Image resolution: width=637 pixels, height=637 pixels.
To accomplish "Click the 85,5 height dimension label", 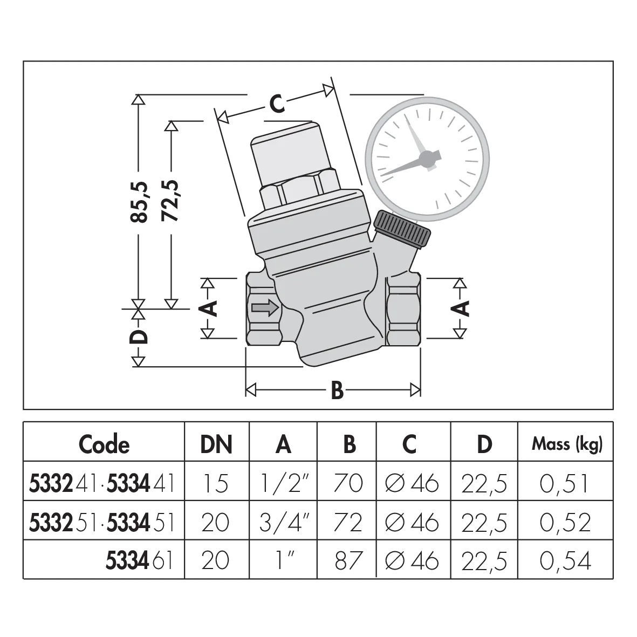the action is coord(139,202).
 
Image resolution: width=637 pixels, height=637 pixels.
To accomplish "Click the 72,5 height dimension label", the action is coord(170,200).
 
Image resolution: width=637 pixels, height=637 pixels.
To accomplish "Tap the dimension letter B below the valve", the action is coord(337,391).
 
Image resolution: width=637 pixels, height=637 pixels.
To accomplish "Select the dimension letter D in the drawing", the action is coord(139,337).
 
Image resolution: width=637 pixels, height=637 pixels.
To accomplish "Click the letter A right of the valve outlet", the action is coord(460,309).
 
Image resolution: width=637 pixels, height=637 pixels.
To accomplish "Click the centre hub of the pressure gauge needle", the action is coord(427,158).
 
